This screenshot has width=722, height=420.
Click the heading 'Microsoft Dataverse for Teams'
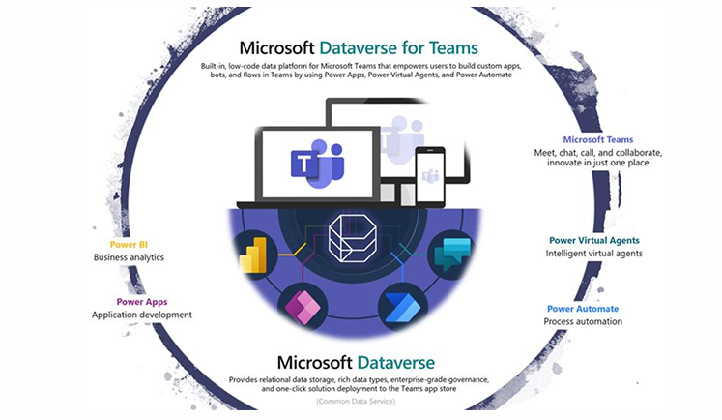360,45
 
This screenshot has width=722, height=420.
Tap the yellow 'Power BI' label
129,244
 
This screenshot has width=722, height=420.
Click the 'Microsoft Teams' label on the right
597,139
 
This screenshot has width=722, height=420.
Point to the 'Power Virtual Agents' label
593,240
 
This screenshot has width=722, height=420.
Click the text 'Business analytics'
129,257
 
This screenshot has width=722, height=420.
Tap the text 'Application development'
141,315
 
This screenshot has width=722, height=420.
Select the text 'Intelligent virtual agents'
593,254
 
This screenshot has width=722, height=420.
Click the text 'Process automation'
582,321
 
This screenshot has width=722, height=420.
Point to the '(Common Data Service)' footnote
361,398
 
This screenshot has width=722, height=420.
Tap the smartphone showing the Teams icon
430,176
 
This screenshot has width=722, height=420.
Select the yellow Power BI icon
258,255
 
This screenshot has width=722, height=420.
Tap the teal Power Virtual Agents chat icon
451,254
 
